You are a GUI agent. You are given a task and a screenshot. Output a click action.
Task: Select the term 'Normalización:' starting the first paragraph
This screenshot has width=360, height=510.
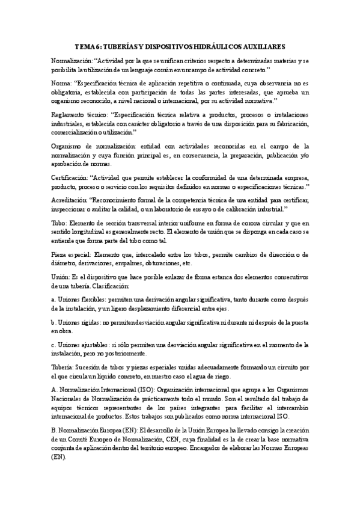point(72,61)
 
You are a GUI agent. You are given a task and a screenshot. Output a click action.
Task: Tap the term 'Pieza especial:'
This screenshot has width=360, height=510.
point(72,254)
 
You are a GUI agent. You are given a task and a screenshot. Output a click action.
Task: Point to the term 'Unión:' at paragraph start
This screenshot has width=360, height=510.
point(61,277)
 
